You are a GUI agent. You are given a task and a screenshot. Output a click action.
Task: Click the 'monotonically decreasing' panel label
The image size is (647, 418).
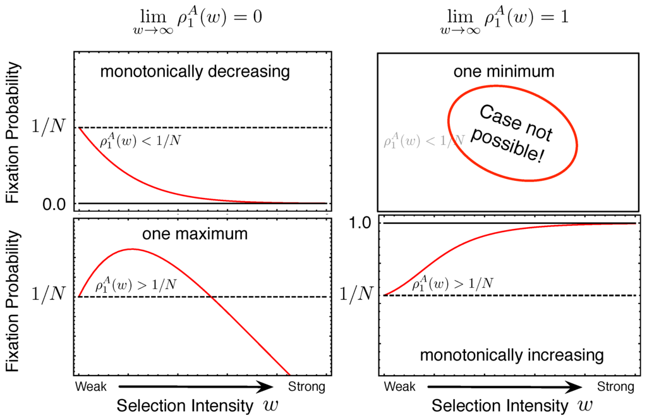(x=195, y=71)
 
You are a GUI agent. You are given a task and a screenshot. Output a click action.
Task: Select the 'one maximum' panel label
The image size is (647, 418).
(x=195, y=234)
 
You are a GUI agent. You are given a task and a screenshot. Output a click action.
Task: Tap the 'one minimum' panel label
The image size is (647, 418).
(x=504, y=71)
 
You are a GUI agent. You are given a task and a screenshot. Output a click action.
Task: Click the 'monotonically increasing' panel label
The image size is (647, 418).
(x=512, y=355)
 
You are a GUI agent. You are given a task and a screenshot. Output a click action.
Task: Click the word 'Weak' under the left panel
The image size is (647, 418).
(x=92, y=386)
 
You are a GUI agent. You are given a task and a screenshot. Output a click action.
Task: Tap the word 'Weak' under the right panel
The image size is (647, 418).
(x=400, y=386)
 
